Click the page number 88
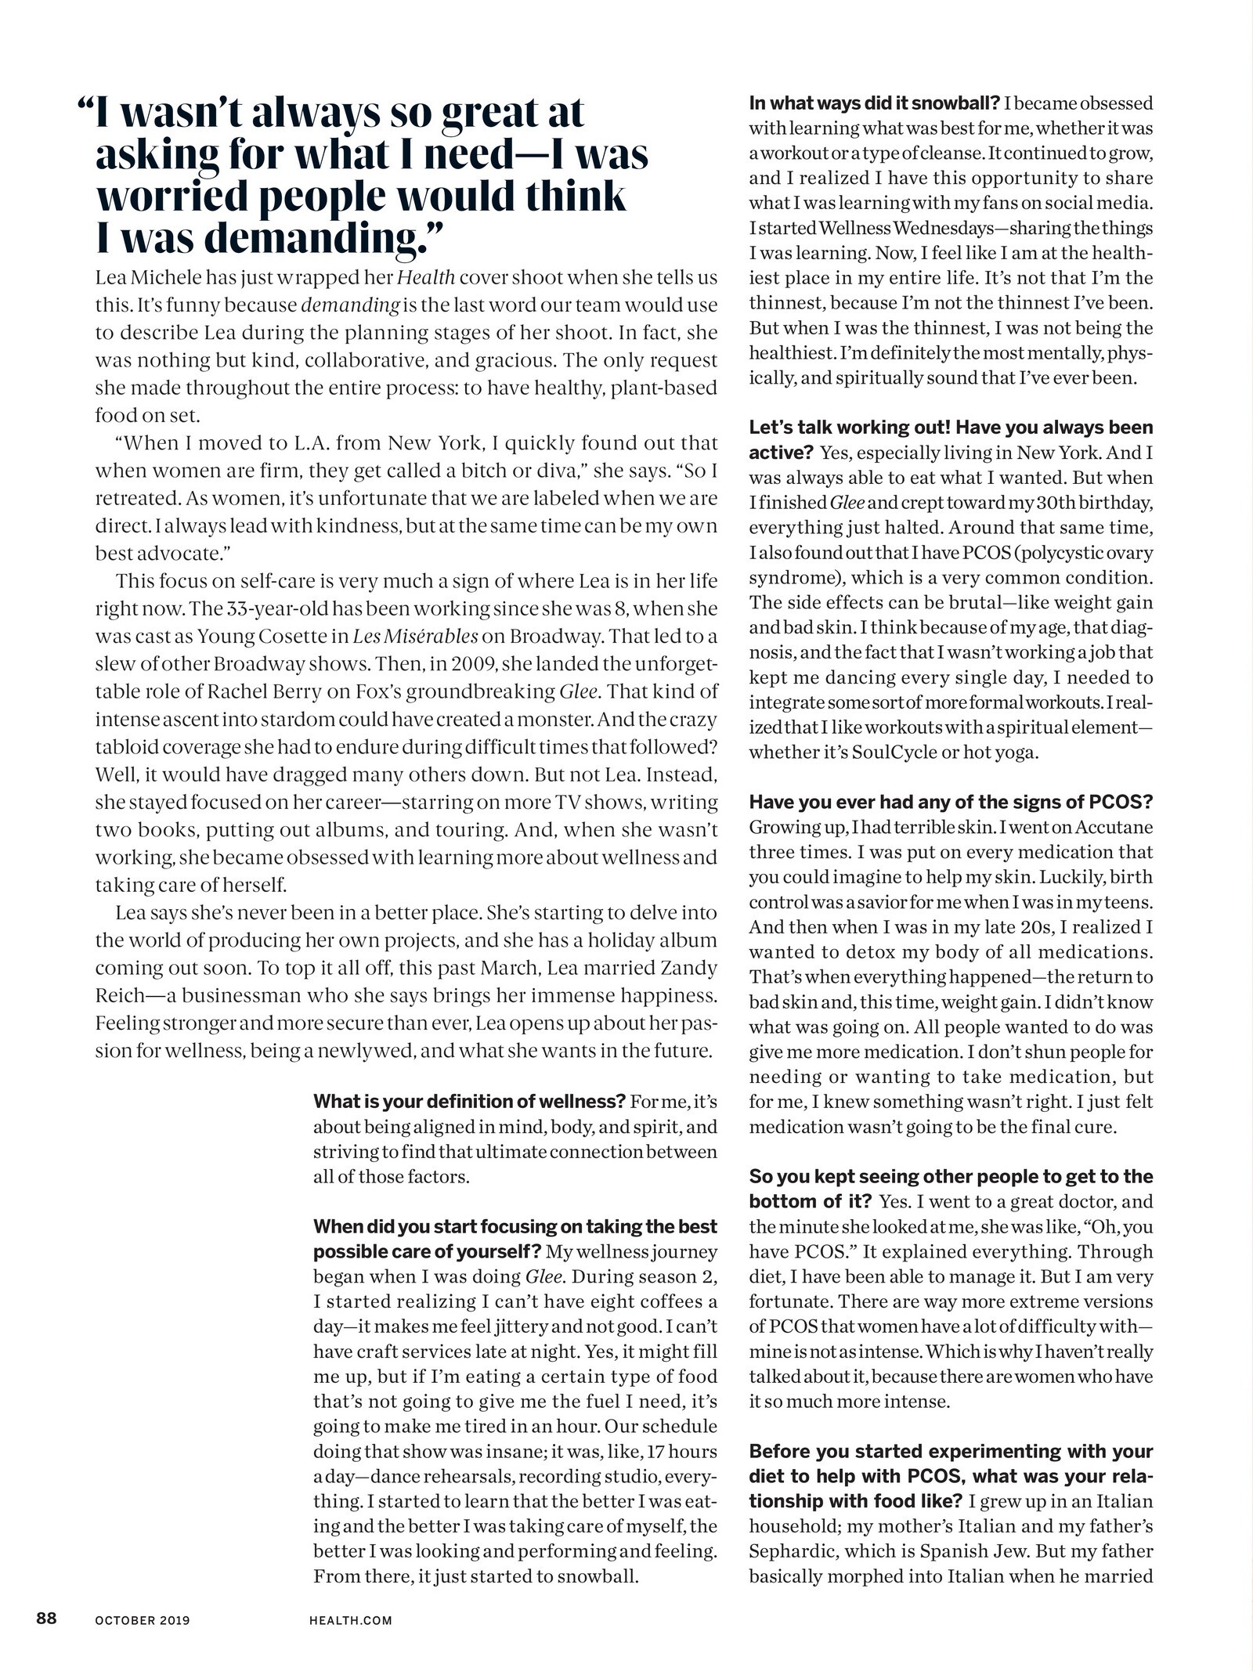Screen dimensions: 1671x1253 tap(45, 1618)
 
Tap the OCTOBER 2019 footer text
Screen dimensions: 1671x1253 tap(143, 1619)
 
